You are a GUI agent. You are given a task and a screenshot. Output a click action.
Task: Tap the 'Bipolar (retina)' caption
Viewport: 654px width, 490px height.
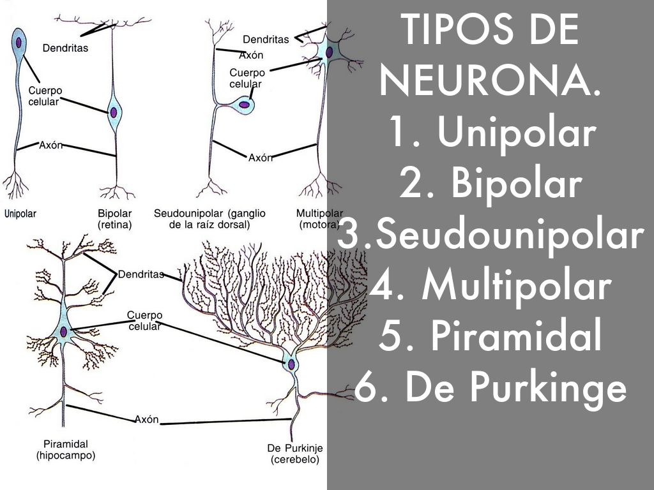[x=114, y=219]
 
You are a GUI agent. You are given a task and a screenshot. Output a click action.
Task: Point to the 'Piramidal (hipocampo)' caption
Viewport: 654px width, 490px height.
[x=65, y=450]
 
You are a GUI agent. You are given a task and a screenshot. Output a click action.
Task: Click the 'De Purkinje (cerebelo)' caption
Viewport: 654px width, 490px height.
[x=294, y=454]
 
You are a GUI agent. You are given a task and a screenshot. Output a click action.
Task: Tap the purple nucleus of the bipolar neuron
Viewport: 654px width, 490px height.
[x=114, y=112]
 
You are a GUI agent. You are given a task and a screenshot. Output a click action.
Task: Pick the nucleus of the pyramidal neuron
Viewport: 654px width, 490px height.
[x=64, y=331]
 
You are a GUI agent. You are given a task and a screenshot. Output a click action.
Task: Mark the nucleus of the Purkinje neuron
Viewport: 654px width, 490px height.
[x=291, y=364]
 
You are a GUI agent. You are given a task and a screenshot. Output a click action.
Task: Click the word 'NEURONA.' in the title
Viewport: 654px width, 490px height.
[x=490, y=82]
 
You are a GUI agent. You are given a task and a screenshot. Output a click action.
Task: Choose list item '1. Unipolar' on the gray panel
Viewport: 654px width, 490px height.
[x=490, y=133]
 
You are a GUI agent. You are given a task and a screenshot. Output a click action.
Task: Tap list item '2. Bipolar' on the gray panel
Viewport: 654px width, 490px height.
[x=490, y=184]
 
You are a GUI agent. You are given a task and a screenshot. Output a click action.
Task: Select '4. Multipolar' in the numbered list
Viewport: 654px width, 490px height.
[x=490, y=286]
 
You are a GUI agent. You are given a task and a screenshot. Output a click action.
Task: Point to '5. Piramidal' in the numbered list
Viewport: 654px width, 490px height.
[x=490, y=338]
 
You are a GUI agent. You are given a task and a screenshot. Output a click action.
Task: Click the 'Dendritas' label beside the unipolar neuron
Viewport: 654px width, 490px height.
[x=65, y=47]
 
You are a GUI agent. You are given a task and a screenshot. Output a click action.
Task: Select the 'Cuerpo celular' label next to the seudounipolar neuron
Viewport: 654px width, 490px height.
[x=245, y=78]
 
